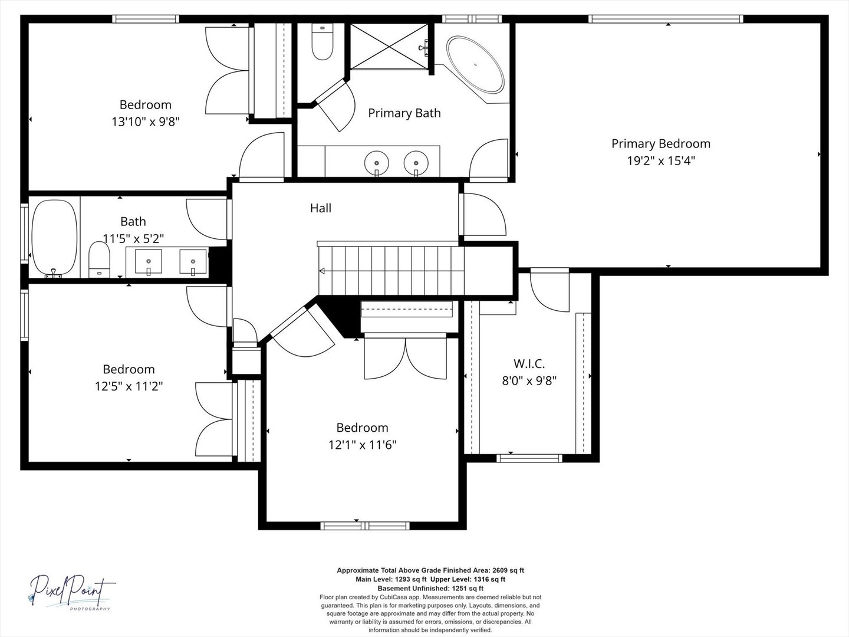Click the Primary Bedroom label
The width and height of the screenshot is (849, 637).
coord(661,144)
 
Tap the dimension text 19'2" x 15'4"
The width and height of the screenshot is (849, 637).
coord(661,160)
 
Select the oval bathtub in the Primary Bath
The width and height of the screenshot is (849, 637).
coord(475,64)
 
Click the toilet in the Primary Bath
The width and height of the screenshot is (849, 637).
coord(323,42)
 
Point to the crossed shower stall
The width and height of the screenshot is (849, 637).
coord(389,47)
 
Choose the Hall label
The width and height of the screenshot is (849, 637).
coord(321,208)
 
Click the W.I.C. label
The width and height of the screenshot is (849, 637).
coord(529,363)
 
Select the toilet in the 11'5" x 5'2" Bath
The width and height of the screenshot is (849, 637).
coord(100,260)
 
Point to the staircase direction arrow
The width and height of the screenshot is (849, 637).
coord(322,271)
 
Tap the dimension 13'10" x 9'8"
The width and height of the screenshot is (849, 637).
coord(146,122)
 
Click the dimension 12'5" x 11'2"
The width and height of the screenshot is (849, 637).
coord(129,386)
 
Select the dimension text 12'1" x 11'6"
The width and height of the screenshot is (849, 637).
coord(363,445)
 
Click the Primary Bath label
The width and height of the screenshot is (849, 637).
coord(404,113)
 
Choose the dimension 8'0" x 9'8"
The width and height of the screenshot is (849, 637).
coord(529,380)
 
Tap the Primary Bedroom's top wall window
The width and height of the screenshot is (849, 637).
coord(666,19)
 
